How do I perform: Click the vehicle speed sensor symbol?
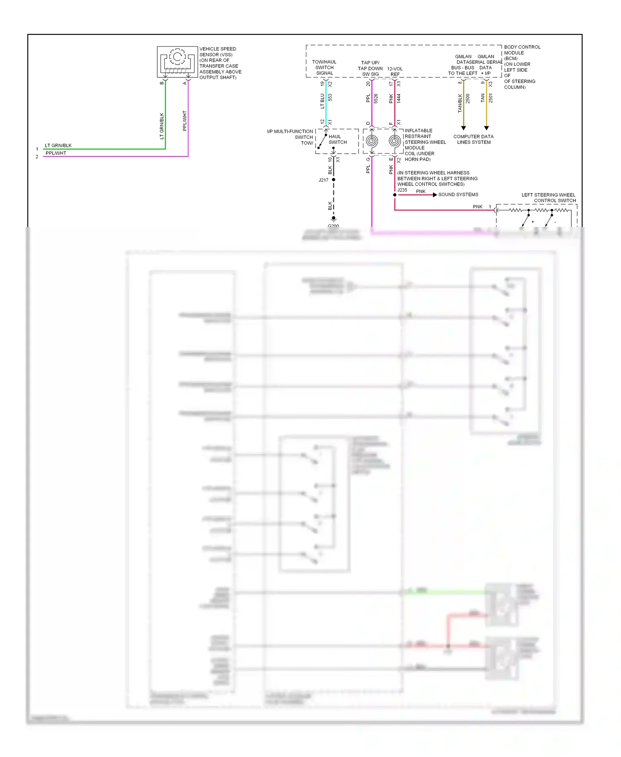click(177, 62)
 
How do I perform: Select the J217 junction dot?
click(334, 180)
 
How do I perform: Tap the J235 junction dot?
click(395, 195)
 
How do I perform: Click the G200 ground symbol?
click(334, 219)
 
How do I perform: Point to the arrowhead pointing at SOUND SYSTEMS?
click(435, 195)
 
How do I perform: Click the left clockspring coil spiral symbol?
click(372, 141)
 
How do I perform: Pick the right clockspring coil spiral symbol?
click(395, 141)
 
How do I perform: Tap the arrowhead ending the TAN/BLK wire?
click(463, 128)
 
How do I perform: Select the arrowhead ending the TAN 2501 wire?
click(486, 128)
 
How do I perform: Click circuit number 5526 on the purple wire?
click(376, 99)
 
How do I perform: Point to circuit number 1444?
click(399, 99)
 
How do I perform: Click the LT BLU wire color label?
click(323, 101)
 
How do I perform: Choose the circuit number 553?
click(330, 98)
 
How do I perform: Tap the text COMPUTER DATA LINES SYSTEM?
click(474, 139)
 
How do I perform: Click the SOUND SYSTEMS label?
click(458, 195)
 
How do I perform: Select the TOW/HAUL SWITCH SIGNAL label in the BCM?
click(324, 68)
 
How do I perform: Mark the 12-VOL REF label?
click(395, 72)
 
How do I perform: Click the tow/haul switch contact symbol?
click(322, 141)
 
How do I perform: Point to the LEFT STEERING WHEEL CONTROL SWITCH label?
click(549, 198)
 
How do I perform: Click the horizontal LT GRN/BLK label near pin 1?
click(58, 145)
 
